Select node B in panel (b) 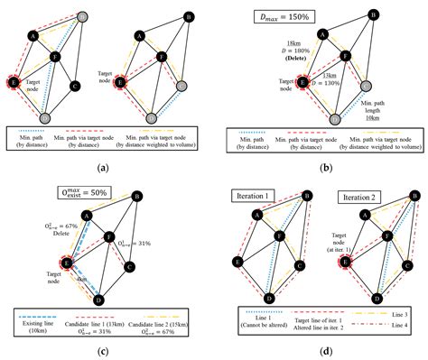coord(373,16)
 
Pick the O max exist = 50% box coord(51,190)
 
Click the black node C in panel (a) coord(74,86)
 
